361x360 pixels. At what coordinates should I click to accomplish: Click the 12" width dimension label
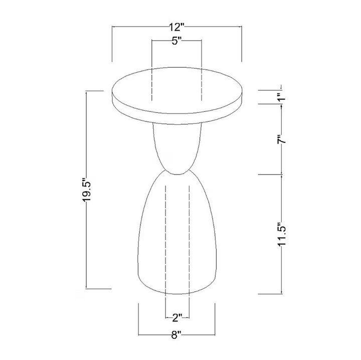(x=176, y=27)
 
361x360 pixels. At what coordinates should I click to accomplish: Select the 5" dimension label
(x=176, y=42)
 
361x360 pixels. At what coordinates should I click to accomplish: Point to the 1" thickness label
(x=282, y=97)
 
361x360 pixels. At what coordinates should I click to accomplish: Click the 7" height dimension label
(x=282, y=139)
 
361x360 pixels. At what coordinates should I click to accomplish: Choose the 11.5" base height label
(x=282, y=234)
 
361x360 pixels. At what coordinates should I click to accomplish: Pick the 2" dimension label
(x=177, y=318)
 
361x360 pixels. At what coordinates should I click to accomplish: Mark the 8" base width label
(x=176, y=335)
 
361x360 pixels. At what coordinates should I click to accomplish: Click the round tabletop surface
(x=176, y=91)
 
